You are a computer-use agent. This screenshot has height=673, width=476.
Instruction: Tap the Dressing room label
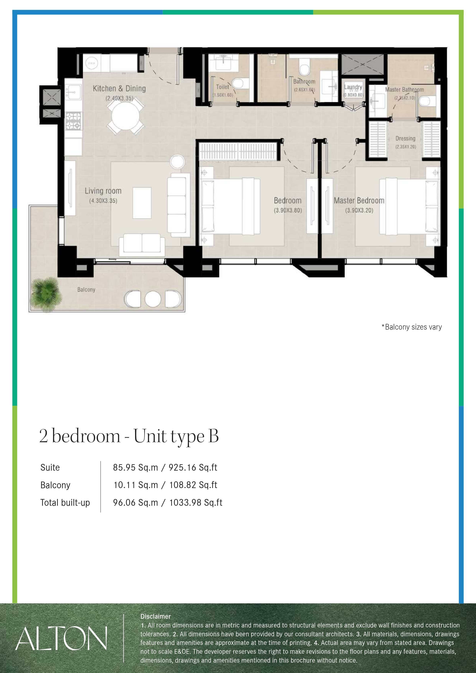click(405, 138)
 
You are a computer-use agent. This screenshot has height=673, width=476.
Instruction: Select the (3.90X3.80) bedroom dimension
click(288, 210)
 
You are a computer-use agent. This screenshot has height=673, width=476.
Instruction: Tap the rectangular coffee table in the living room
click(142, 203)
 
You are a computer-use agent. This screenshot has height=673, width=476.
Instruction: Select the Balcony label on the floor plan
click(86, 290)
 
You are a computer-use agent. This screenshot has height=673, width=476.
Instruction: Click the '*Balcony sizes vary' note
click(412, 327)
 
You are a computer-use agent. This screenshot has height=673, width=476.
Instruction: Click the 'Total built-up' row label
click(65, 502)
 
